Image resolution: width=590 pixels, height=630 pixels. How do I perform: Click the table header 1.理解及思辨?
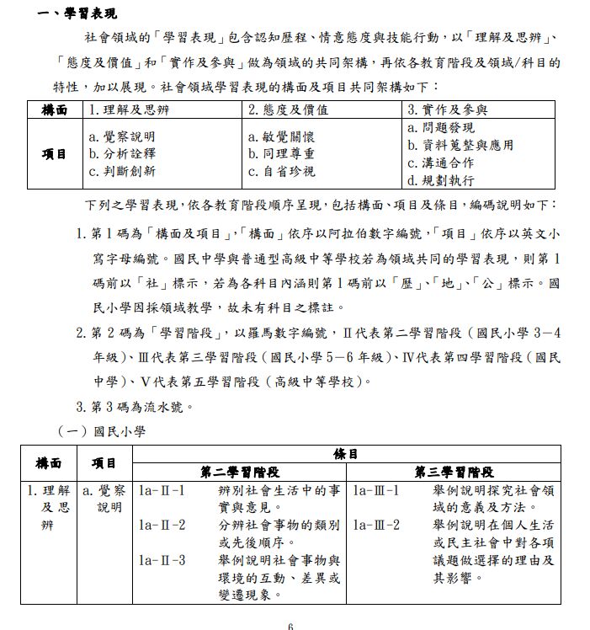pos(127,109)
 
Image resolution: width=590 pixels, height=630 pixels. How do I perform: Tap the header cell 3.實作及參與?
pos(447,109)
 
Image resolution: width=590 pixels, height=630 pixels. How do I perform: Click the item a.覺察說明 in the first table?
pos(122,136)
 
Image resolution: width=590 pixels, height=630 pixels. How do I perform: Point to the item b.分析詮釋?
pos(122,153)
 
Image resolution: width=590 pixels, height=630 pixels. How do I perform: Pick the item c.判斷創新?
pos(122,171)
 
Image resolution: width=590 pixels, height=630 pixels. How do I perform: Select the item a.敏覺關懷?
pos(282,136)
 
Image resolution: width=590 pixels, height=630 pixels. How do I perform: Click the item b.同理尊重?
pos(282,153)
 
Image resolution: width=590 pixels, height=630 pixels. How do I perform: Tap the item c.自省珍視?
pos(282,171)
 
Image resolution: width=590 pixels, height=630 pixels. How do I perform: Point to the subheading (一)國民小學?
pos(102,431)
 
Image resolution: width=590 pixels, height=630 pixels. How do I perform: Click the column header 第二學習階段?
pos(240,472)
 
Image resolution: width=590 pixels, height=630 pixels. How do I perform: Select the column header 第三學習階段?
pos(454,472)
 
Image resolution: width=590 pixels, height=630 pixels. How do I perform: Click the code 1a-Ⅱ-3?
pos(162,560)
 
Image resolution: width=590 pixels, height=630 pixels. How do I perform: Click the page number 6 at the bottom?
pos(290,626)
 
